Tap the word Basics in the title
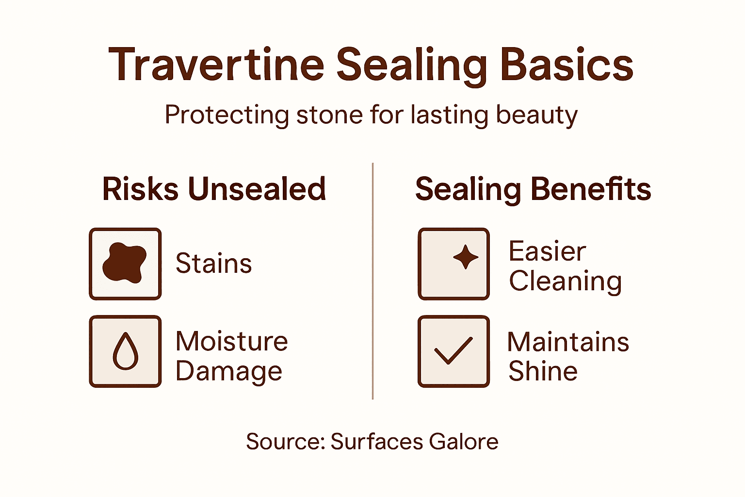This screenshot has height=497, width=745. point(567,65)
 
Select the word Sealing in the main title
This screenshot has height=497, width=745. point(411,66)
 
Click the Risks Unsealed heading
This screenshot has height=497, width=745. point(214,189)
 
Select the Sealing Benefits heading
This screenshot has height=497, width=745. point(533,189)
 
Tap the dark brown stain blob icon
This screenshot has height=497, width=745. point(124,263)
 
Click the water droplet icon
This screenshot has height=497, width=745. point(125,351)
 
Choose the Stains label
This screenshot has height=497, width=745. point(213,264)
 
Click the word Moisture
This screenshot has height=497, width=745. point(231,341)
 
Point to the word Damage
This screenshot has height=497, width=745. point(228,372)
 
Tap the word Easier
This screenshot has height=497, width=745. point(547,251)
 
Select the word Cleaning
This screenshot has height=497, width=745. point(565,282)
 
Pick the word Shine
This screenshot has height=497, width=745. point(543,371)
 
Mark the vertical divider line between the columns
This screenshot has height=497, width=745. point(372,282)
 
